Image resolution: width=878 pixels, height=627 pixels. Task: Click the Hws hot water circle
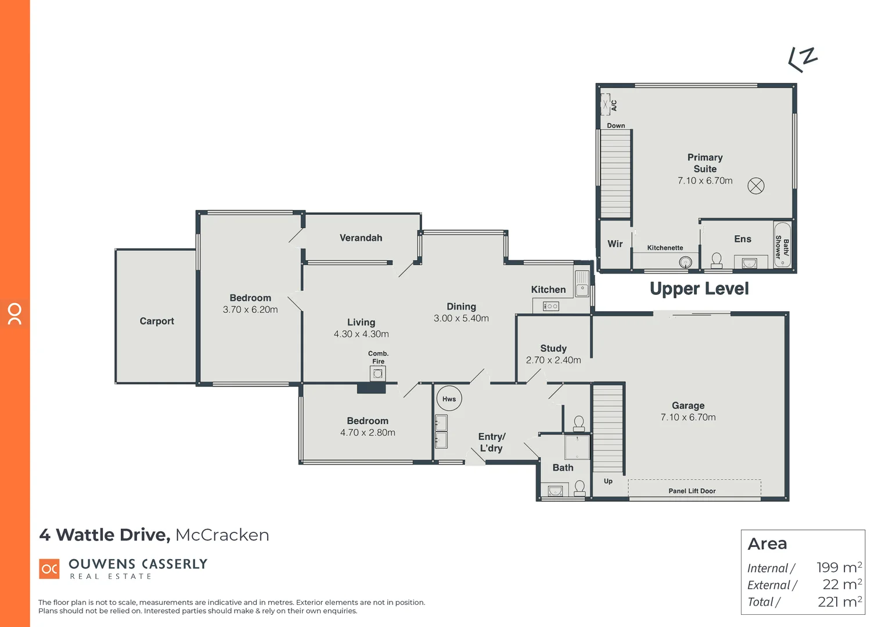[449, 399]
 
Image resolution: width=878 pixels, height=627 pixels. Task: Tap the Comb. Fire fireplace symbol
[377, 373]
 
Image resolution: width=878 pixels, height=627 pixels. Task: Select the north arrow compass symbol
[803, 59]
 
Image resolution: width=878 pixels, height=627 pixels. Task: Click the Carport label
[157, 321]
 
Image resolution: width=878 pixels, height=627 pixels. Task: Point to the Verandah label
[361, 238]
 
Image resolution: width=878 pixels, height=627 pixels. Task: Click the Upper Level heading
[699, 289]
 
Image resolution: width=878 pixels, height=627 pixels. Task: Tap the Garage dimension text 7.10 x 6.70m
[688, 417]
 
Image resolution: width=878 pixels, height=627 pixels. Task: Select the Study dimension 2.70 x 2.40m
[553, 360]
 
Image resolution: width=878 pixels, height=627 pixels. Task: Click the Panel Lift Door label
[692, 491]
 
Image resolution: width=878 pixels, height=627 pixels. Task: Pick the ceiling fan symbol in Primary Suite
[755, 186]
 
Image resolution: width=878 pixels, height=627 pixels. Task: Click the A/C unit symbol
[605, 105]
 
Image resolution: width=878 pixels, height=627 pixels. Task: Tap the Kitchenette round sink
[686, 262]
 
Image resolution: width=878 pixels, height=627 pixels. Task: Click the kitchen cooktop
[550, 306]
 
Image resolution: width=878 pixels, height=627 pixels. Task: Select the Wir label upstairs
[615, 244]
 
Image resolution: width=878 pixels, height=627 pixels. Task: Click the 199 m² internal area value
[839, 567]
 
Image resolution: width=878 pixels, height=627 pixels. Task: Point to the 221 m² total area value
[840, 602]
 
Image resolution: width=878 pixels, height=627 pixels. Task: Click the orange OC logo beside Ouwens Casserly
[49, 569]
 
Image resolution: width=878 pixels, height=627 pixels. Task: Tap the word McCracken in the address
[222, 535]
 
